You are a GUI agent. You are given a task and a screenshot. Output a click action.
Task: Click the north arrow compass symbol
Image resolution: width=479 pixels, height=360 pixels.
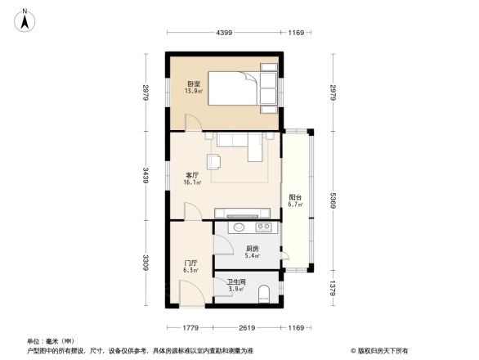tap(25, 19)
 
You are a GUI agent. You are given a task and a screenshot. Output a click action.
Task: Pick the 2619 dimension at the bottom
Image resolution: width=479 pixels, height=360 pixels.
tap(248, 328)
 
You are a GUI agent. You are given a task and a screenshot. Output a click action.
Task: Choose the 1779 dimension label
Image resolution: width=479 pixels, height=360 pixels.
tap(190, 328)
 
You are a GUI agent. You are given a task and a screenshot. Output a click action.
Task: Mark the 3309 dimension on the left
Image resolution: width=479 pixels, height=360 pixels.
tap(145, 263)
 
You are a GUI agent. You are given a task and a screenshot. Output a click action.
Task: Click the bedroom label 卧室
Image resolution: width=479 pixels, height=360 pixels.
tap(194, 83)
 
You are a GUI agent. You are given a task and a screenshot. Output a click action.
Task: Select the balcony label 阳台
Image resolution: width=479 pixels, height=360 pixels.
tap(295, 196)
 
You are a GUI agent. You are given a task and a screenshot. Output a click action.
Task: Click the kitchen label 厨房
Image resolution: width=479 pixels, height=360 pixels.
tap(253, 248)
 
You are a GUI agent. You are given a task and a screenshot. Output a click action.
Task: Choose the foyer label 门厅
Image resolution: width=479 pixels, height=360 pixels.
tap(191, 262)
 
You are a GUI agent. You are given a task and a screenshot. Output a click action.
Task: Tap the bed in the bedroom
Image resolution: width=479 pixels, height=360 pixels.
tap(244, 90)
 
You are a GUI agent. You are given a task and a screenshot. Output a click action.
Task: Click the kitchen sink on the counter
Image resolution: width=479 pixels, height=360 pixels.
tap(239, 227)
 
